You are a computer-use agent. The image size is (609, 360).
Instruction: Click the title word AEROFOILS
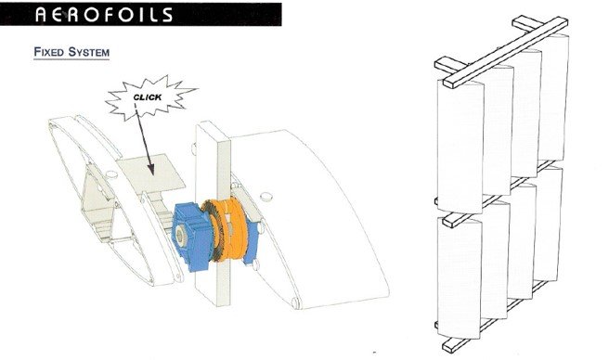pos(104,15)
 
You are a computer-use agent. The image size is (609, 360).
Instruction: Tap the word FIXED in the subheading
pos(48,52)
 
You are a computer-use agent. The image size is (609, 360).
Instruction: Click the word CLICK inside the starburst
pos(148,96)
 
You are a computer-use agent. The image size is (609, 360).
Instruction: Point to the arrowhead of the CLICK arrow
pos(150,169)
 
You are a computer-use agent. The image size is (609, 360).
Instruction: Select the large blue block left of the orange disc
pos(193,236)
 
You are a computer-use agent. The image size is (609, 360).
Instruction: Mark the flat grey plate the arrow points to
pos(150,174)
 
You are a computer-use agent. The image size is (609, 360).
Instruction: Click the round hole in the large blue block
pos(180,235)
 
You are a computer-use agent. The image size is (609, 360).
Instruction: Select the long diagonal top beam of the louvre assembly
pos(506,52)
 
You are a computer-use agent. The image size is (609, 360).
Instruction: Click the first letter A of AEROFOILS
pos(41,15)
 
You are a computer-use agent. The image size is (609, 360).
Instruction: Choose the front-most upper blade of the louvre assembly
pos(460,147)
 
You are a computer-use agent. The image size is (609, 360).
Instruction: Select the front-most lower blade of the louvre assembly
pos(460,277)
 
